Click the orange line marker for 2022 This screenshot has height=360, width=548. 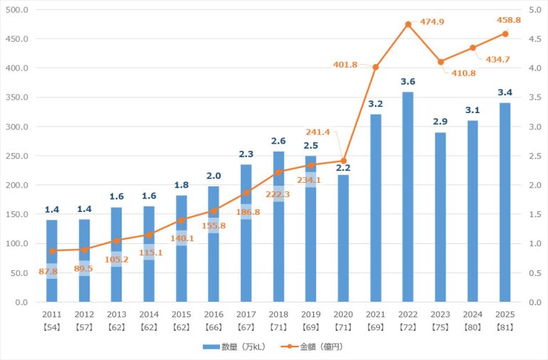408,24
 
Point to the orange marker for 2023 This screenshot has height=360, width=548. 441,62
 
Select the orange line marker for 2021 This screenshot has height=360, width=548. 376,67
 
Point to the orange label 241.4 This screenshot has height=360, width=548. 319,132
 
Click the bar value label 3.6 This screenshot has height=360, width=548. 408,82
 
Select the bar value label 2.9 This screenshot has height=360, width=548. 441,122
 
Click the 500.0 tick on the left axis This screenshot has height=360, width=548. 16,10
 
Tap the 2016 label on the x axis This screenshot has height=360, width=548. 214,313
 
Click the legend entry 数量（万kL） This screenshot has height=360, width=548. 234,346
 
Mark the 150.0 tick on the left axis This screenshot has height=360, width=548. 16,214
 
